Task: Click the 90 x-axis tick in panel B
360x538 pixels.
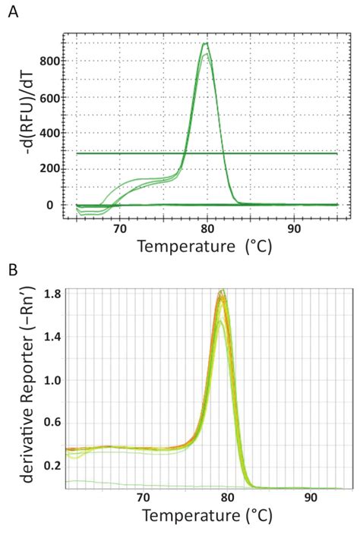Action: (x=311, y=498)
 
